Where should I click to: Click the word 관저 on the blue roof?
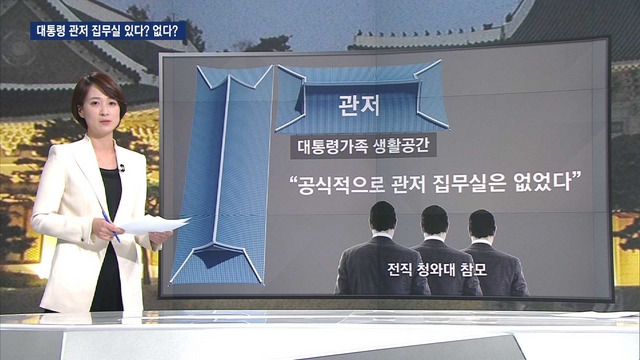[x=359, y=105]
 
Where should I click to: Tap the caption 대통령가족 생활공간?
[x=363, y=146]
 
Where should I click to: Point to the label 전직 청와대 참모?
[x=437, y=269]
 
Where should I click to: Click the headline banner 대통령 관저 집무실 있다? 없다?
[x=108, y=31]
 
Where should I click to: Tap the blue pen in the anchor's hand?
[x=111, y=226]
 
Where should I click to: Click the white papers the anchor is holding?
[x=155, y=224]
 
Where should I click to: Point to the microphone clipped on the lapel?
[x=122, y=168]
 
